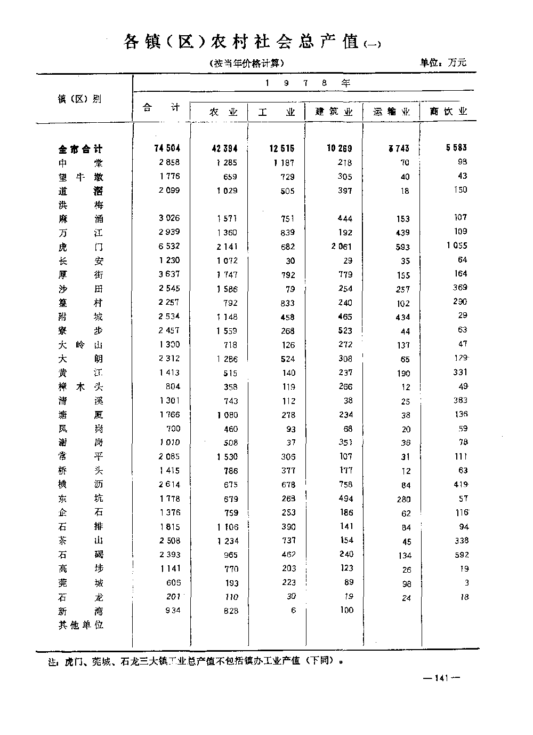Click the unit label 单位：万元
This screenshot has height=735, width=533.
coord(443,62)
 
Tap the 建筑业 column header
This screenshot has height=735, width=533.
coord(334,112)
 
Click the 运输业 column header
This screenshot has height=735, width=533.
coord(392,112)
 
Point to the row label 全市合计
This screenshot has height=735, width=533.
coord(80,149)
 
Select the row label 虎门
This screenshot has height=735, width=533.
coord(80,247)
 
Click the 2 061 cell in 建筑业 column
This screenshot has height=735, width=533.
coord(341,246)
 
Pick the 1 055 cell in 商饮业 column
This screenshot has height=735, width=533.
coord(457,246)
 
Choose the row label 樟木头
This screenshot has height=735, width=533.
coord(80,387)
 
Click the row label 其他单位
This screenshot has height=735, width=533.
coord(80,625)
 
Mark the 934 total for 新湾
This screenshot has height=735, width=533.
coord(172,611)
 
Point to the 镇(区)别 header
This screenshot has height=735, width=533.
coord(79,99)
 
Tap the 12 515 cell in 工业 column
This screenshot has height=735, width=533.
coord(281,149)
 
